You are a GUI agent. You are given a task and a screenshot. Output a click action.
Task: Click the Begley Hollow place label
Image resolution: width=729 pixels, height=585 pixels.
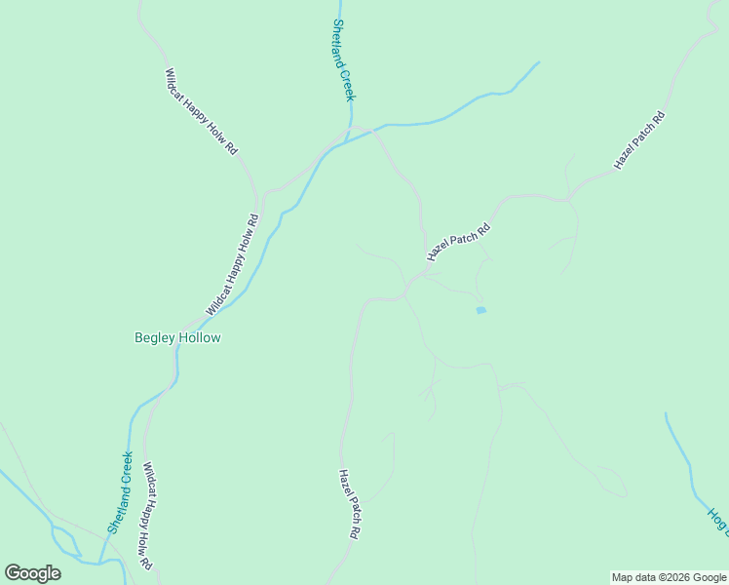click(x=177, y=337)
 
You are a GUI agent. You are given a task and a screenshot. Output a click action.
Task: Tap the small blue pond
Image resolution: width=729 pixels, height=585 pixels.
click(x=480, y=310)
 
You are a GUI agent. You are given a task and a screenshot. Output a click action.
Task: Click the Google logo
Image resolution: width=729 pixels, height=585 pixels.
click(x=32, y=573)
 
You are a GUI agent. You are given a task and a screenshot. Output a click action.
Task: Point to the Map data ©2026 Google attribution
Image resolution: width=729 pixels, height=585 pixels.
click(x=669, y=577)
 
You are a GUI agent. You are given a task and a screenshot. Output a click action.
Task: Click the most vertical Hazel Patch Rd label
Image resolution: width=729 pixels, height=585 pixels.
click(x=350, y=505)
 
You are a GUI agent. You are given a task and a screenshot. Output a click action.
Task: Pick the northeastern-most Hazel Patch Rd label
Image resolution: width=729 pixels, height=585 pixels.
click(x=639, y=142)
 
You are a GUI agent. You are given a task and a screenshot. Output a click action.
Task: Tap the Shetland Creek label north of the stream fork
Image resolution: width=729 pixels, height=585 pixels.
click(x=344, y=60)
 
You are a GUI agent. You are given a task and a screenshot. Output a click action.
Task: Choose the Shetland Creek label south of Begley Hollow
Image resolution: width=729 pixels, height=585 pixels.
click(x=121, y=491)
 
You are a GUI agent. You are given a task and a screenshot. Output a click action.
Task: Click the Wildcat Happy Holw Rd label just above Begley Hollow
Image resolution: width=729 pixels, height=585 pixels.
click(x=233, y=265)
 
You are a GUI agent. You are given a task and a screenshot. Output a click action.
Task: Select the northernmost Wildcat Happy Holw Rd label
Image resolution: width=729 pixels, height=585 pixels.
click(x=201, y=112)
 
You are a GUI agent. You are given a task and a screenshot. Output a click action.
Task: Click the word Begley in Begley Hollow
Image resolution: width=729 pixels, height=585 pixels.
click(x=154, y=337)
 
